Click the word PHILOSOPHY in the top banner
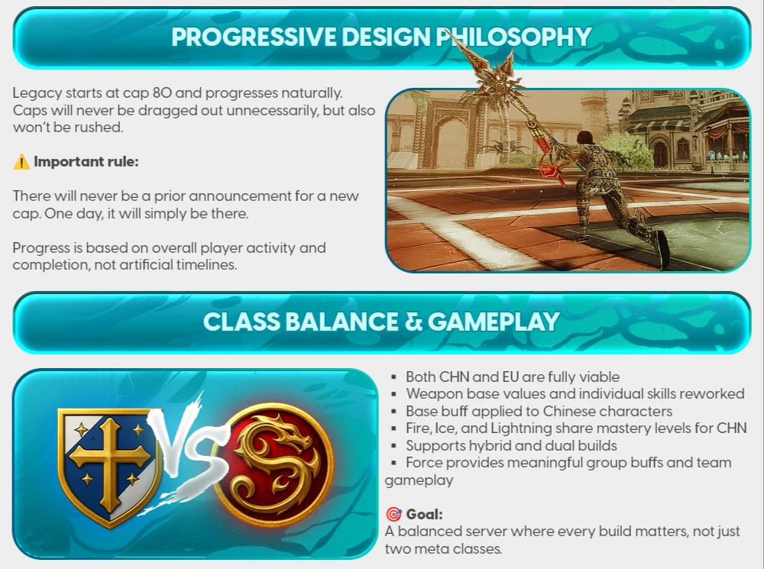coord(514,37)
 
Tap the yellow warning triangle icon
coord(21,162)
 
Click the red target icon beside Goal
coord(393,514)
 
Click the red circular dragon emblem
coord(274,464)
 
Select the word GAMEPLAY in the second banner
coord(494,322)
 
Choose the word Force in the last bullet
coord(424,462)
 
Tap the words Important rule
coord(86,162)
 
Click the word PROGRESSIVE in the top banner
coord(254,37)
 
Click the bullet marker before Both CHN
coord(393,377)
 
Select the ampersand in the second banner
coord(413,322)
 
